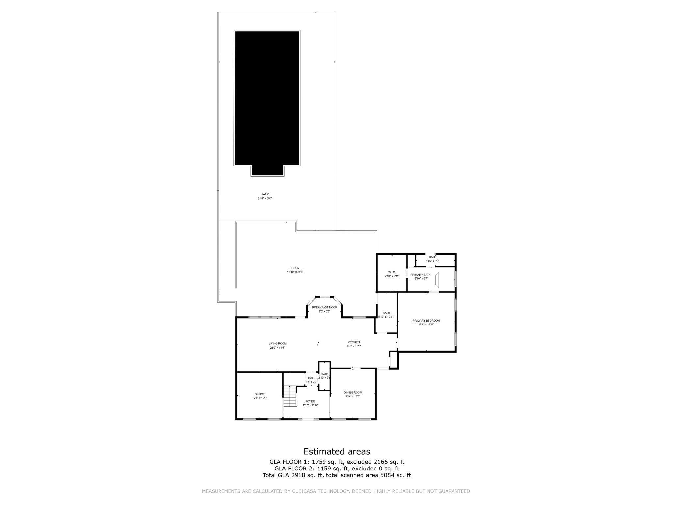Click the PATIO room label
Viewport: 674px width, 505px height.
(265, 194)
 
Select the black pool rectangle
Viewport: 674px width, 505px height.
(267, 99)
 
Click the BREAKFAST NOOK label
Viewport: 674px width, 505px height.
(324, 307)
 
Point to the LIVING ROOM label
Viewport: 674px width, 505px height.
(277, 343)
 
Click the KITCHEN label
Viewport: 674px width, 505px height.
(354, 342)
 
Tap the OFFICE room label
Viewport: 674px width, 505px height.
(259, 394)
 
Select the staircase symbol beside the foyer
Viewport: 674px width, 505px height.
(290, 396)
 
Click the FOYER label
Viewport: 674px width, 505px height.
(310, 401)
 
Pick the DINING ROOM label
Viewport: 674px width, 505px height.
(353, 392)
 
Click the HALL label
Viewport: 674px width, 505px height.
(311, 378)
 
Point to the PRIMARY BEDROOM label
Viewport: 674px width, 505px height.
(426, 321)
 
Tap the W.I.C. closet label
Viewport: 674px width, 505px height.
(392, 272)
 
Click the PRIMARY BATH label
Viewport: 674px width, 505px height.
(420, 275)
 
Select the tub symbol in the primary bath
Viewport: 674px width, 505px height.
(437, 279)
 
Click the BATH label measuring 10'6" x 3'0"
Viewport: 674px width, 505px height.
(432, 257)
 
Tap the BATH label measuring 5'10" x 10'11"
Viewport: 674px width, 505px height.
(386, 313)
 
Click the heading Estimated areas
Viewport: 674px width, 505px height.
(337, 451)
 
